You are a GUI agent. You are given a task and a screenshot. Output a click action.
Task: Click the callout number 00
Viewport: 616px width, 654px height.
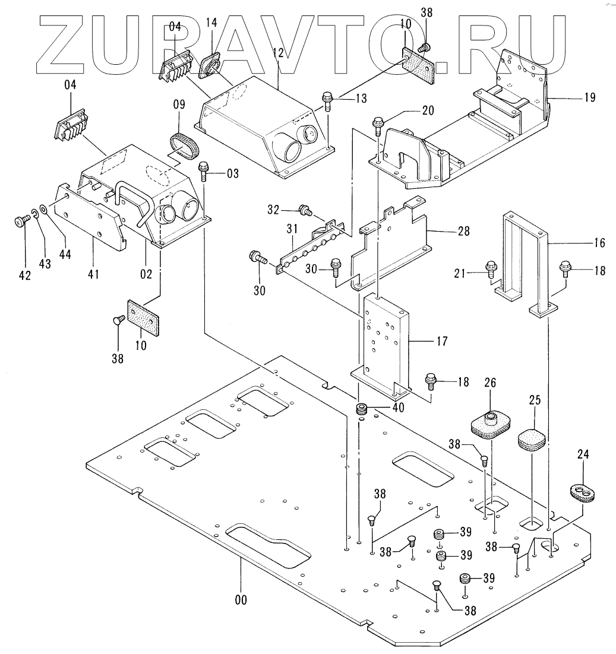click(x=240, y=599)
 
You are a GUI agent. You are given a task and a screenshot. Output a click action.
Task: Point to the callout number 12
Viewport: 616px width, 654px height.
click(x=279, y=52)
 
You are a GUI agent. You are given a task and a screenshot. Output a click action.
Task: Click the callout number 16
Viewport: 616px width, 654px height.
click(x=599, y=242)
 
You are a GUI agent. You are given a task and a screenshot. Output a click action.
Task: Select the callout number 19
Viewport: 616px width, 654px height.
click(x=589, y=97)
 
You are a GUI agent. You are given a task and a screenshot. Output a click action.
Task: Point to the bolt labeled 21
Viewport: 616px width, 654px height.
click(x=491, y=270)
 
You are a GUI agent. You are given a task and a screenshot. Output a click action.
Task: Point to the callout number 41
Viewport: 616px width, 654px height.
click(x=93, y=274)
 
